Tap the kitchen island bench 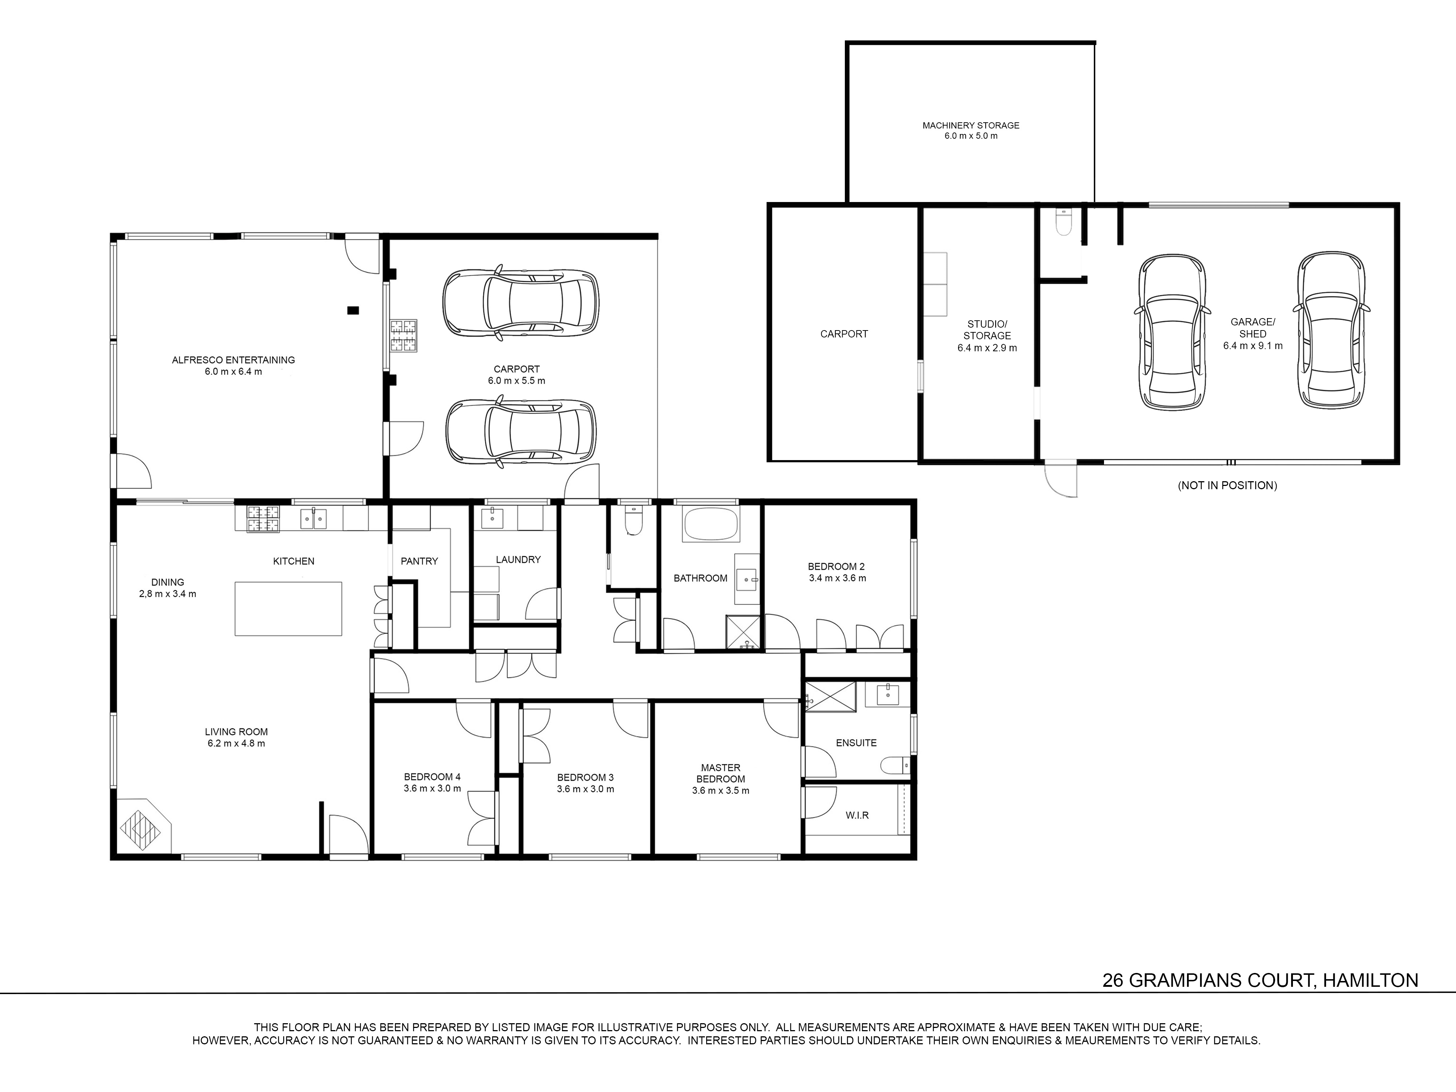[288, 608]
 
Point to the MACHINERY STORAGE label [971, 125]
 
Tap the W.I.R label [857, 815]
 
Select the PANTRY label [419, 561]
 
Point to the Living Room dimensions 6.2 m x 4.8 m [236, 743]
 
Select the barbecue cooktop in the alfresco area [404, 336]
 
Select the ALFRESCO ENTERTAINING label [234, 360]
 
